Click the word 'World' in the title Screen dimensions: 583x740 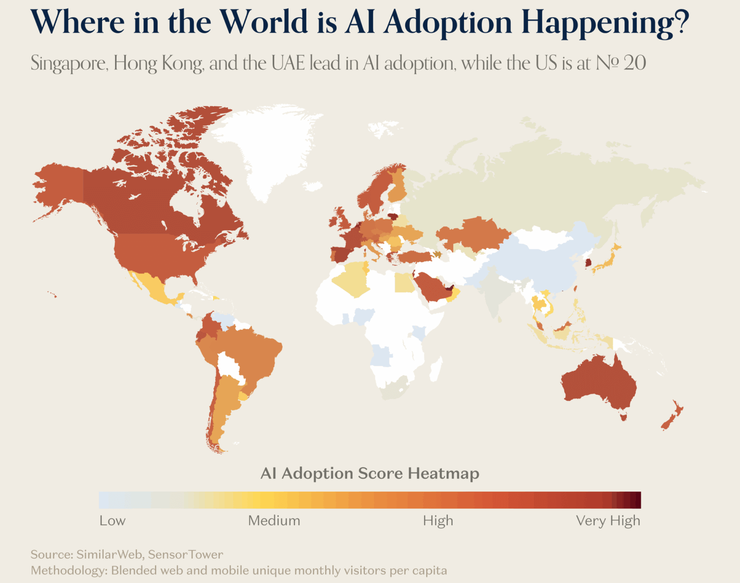264,23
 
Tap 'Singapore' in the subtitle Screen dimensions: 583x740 69,64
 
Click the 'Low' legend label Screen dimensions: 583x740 112,521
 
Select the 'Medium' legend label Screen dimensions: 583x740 274,521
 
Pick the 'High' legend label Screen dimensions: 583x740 438,521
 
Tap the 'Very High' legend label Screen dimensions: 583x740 608,521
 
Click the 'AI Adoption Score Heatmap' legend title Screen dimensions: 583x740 370,474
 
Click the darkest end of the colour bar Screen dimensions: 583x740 637,500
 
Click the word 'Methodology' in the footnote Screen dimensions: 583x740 68,570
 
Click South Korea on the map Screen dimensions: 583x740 588,263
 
